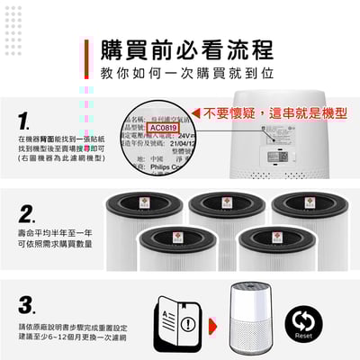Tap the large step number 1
pos(28,121)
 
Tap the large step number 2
pos(28,214)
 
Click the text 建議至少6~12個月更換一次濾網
pos(65,334)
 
